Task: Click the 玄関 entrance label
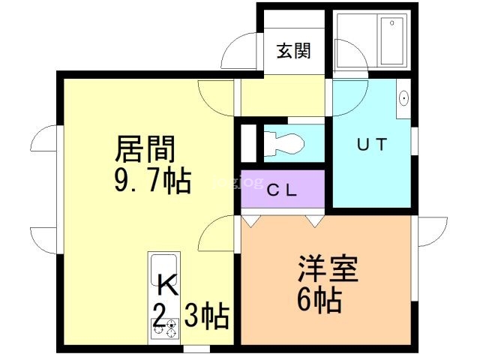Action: pyautogui.click(x=293, y=51)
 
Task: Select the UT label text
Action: pyautogui.click(x=371, y=145)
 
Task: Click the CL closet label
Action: pyautogui.click(x=283, y=190)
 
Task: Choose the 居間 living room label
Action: pyautogui.click(x=145, y=149)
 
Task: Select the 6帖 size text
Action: pyautogui.click(x=319, y=301)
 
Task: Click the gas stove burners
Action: pyautogui.click(x=165, y=328)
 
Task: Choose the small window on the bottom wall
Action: pyautogui.click(x=196, y=349)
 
